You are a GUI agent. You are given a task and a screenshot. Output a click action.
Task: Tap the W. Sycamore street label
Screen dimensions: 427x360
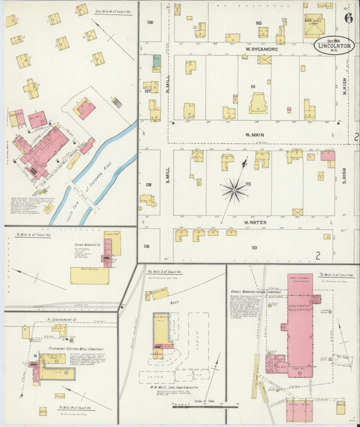coord(257,49)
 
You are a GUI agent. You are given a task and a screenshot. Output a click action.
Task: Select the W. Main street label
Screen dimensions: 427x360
coord(254,134)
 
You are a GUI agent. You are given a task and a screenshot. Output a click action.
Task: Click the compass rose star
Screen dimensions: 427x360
coord(234,189)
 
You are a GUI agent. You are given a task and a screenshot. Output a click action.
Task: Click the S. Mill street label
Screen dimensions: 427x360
coord(164,182)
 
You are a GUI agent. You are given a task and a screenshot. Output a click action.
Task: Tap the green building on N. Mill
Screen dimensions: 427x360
coord(157,60)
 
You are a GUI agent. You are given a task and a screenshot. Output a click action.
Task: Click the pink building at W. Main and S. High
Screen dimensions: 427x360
coord(328,156)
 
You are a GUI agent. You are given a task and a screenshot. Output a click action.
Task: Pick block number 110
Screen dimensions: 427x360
coord(258,23)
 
